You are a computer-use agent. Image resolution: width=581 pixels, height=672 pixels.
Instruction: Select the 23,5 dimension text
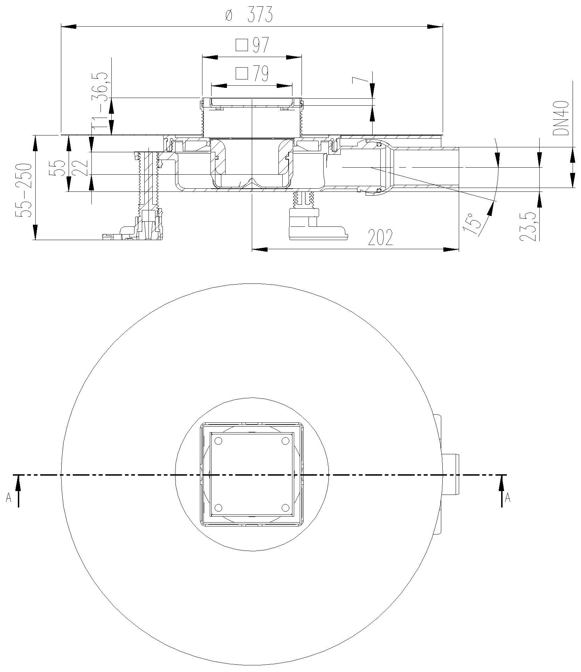pos(527,226)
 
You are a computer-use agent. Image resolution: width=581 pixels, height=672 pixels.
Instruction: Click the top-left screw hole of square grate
pos(219,441)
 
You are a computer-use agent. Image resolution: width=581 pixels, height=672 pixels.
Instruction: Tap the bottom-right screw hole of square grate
pos(285,508)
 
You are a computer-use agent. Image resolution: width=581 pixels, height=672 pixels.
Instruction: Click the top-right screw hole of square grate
pos(285,441)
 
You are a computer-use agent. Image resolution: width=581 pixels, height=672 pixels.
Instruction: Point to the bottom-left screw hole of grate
pos(219,508)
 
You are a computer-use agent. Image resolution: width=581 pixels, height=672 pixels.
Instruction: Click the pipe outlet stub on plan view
pos(451,475)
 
